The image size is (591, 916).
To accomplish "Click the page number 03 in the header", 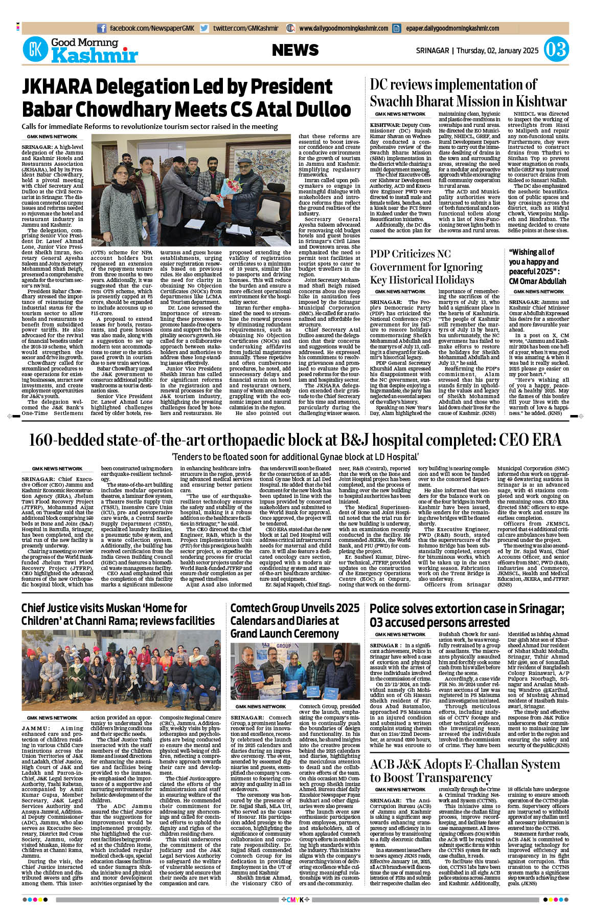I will [556, 50].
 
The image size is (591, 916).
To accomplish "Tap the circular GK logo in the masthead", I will [35, 50].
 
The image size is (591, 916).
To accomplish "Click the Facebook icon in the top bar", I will [102, 29].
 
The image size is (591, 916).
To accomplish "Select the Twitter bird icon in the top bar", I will [204, 29].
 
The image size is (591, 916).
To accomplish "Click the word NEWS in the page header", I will [295, 50].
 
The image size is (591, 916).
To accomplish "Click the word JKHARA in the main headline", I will [57, 87].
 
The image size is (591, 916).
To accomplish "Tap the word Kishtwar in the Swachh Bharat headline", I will [536, 101].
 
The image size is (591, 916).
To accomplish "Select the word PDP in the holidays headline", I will [381, 254].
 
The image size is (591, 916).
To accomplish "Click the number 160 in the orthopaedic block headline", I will [43, 440].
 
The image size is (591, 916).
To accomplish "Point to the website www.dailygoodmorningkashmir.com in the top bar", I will [344, 29].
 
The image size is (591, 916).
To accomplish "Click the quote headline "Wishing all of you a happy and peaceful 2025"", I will [537, 267].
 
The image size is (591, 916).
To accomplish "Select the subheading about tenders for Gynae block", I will [295, 457].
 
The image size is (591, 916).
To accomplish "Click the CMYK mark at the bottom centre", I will [295, 900].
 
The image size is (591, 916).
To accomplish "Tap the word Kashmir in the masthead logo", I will [95, 55].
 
